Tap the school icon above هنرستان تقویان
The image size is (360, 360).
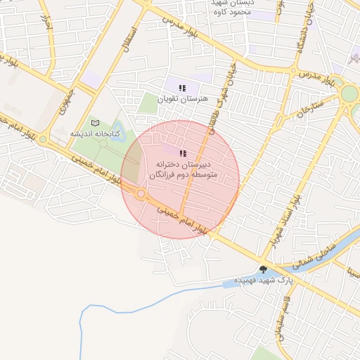tap(182, 89)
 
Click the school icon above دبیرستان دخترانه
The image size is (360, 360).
tap(183, 153)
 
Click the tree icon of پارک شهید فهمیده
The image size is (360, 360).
tap(263, 269)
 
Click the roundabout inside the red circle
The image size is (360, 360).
tap(141, 193)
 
